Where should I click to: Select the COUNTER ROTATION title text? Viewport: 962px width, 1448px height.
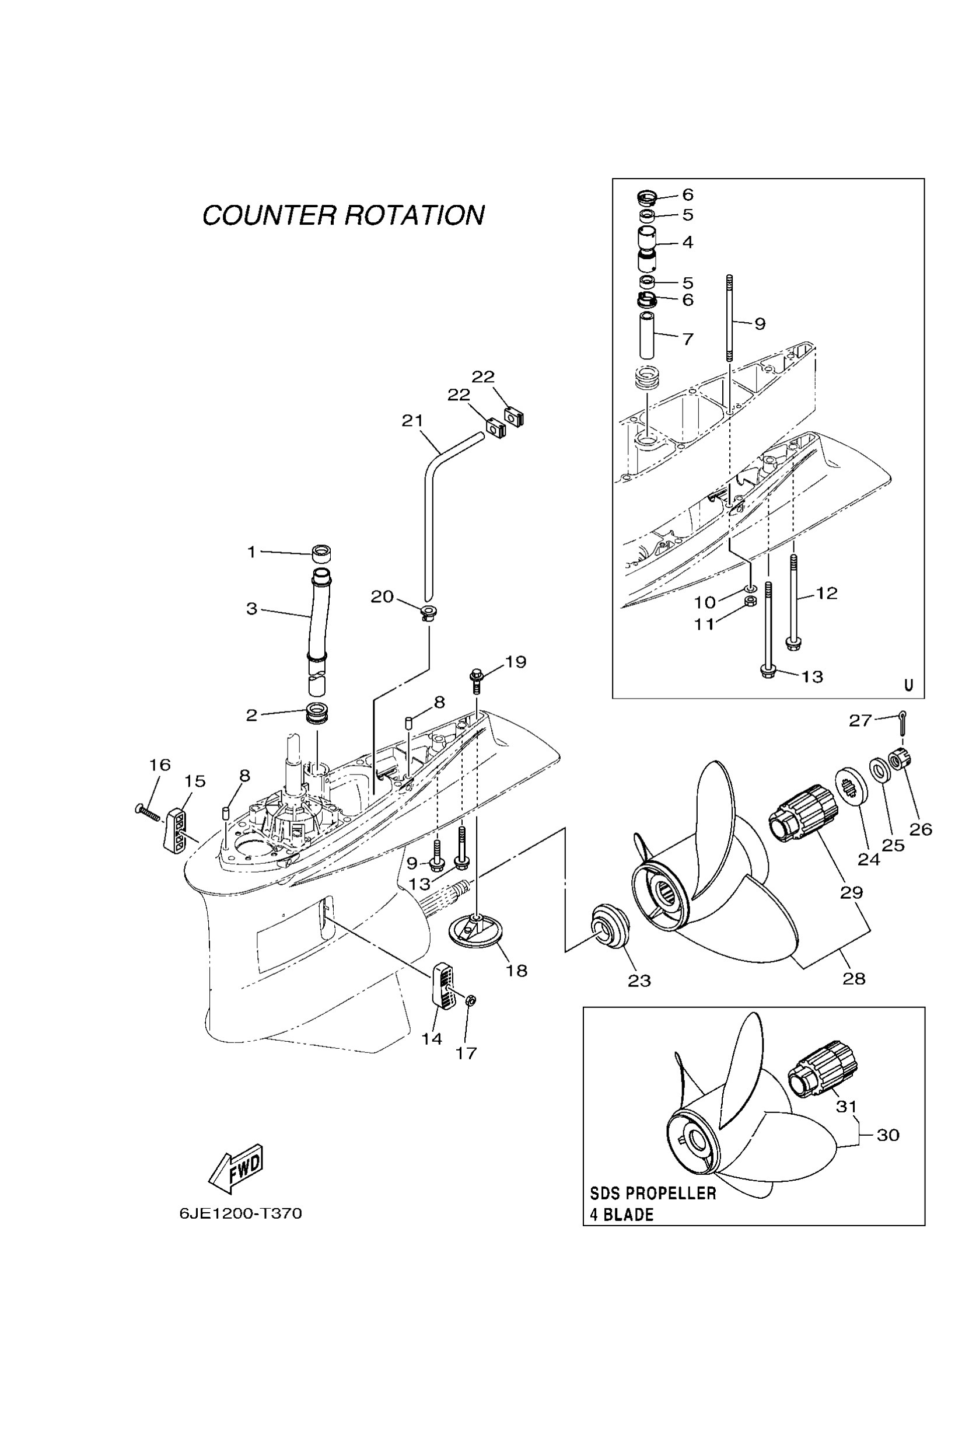pyautogui.click(x=343, y=215)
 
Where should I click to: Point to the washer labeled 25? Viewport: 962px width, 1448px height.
pyautogui.click(x=880, y=770)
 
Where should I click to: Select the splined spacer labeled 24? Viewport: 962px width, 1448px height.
pyautogui.click(x=852, y=783)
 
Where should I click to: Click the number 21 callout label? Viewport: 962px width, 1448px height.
pyautogui.click(x=412, y=420)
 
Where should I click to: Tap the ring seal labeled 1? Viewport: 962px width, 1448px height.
pyautogui.click(x=321, y=553)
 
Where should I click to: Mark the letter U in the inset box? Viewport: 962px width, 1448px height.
pyautogui.click(x=909, y=685)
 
